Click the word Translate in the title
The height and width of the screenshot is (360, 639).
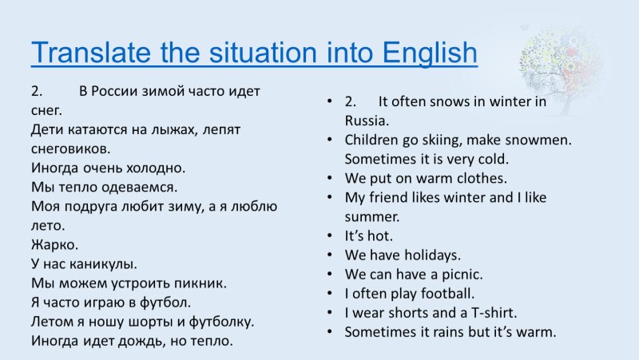coord(91,52)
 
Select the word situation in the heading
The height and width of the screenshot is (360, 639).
coord(263,52)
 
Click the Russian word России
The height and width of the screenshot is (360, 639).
coord(114,91)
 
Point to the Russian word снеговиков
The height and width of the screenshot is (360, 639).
coord(70,148)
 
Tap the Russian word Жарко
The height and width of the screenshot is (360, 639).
coord(54,244)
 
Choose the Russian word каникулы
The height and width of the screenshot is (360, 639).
coord(103,264)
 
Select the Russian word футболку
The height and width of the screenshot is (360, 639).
coord(221,322)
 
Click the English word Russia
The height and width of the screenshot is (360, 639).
coord(367,121)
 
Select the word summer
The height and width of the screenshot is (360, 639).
coord(372,217)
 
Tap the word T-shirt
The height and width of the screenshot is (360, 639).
coord(494,312)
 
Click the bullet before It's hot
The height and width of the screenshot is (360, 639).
coord(330,235)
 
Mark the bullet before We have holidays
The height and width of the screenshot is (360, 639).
coord(330,255)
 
